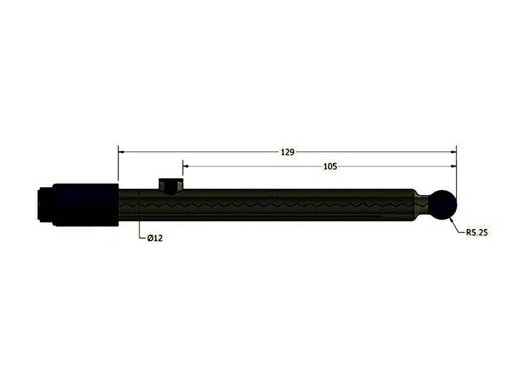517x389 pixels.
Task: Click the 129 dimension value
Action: click(288, 152)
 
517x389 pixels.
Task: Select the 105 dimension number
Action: click(330, 166)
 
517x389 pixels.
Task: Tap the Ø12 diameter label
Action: click(155, 238)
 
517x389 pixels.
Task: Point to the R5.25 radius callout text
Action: click(477, 232)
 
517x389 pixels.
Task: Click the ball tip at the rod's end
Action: click(444, 205)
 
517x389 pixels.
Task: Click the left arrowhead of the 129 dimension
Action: click(122, 152)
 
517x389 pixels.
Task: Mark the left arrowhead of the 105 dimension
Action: click(187, 165)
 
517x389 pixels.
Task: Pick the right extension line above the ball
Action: click(456, 176)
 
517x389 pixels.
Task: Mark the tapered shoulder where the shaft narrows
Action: click(414, 203)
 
